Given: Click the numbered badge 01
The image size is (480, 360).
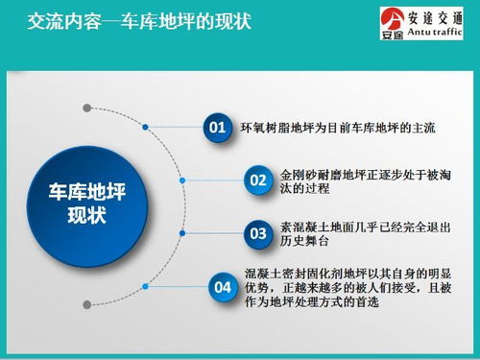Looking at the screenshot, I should click(218, 127).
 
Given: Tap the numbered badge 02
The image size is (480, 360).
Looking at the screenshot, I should click(257, 180).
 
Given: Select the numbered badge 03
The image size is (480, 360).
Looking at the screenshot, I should click(257, 232).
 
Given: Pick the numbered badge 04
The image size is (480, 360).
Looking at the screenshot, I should click(221, 286).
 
